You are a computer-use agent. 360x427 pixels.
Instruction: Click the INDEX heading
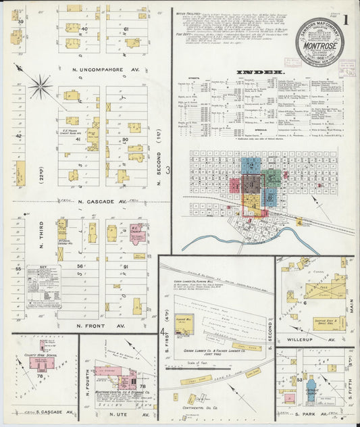point(260,72)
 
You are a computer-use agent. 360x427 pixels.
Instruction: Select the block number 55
point(19,269)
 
